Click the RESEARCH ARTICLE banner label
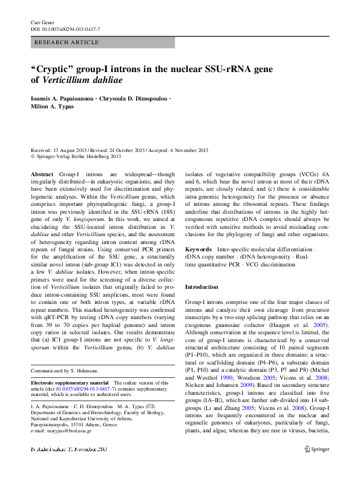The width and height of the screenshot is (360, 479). (67, 42)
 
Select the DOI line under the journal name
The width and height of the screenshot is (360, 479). (65, 29)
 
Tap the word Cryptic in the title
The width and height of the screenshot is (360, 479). (54, 69)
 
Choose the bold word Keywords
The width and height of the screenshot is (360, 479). (198, 249)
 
